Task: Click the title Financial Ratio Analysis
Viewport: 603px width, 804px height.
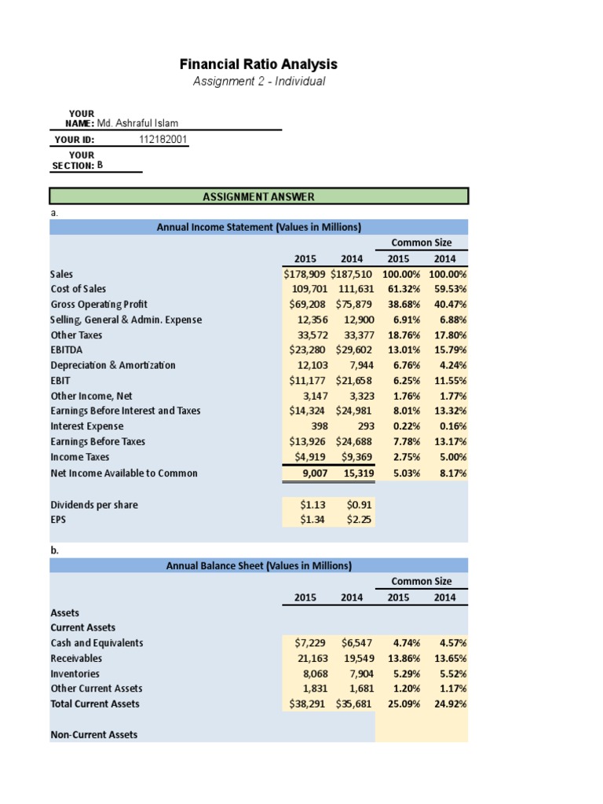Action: coord(259,64)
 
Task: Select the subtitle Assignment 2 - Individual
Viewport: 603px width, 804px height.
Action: coord(259,82)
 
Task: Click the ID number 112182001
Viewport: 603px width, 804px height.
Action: coord(163,140)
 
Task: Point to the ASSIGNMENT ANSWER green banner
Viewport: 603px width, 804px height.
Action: coord(259,196)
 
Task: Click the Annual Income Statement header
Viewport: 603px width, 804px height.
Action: coord(259,227)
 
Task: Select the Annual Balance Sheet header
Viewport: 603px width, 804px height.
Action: coord(259,565)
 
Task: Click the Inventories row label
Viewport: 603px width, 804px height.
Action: coord(75,674)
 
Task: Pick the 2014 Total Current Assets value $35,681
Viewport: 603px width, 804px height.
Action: coord(353,703)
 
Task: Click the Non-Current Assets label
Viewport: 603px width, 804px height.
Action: coord(94,734)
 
